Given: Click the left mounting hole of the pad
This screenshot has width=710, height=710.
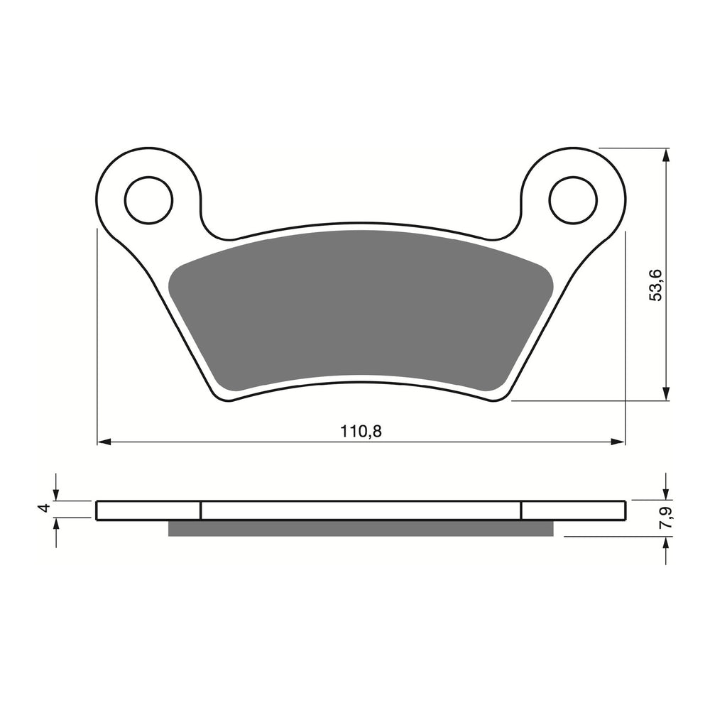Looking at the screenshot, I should coord(148,200).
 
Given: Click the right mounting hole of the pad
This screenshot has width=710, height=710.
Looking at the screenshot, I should coord(573,200).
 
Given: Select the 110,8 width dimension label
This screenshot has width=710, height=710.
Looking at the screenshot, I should coord(361,431).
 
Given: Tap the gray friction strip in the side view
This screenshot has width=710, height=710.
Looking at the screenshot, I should coord(361,528).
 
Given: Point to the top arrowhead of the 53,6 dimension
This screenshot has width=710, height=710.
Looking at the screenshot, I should coord(665,154).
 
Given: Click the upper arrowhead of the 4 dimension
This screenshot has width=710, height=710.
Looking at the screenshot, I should coord(56,495).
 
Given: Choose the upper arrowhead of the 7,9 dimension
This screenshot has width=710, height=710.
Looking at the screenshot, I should coord(665,495).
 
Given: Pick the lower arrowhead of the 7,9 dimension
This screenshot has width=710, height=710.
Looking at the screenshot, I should coord(665,542).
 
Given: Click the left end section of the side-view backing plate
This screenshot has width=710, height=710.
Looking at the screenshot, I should coord(148,510).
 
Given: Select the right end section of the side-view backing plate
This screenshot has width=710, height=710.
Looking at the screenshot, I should coord(574,510).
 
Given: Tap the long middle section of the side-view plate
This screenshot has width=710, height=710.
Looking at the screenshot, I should coord(361,510).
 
